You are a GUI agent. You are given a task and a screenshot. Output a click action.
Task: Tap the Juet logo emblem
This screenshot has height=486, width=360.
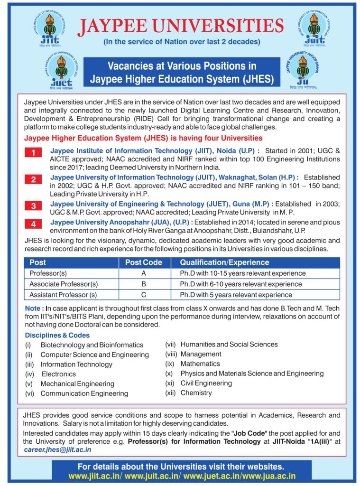click(x=61, y=70)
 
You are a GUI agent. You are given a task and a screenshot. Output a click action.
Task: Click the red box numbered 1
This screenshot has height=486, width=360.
click(x=34, y=152)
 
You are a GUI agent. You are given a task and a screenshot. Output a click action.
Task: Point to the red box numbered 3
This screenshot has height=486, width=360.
click(x=34, y=206)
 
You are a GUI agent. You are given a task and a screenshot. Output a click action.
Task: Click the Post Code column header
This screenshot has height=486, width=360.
click(x=143, y=262)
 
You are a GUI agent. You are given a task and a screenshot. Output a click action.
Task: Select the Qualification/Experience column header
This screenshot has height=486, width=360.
click(x=224, y=262)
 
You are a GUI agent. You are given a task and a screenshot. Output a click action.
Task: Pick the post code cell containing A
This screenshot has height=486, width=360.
click(x=143, y=273)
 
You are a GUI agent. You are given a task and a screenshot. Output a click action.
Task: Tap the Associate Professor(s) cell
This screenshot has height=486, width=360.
click(x=64, y=284)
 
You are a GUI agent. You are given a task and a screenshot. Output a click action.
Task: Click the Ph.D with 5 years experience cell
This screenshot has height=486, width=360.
click(x=236, y=295)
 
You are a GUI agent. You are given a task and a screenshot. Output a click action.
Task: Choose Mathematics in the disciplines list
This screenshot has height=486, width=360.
click(x=200, y=364)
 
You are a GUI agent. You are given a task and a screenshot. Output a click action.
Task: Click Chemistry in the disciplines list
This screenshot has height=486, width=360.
click(x=196, y=393)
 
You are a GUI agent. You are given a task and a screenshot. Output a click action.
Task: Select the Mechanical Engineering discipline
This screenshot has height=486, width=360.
click(x=77, y=384)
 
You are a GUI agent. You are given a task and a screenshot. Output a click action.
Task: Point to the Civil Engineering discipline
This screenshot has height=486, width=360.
click(x=206, y=383)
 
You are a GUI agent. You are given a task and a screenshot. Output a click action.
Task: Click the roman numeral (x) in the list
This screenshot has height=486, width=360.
click(x=170, y=374)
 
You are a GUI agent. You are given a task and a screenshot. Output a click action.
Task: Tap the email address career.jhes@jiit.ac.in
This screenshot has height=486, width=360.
click(x=57, y=449)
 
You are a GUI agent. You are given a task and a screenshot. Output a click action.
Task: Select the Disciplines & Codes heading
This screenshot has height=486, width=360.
click(x=57, y=335)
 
